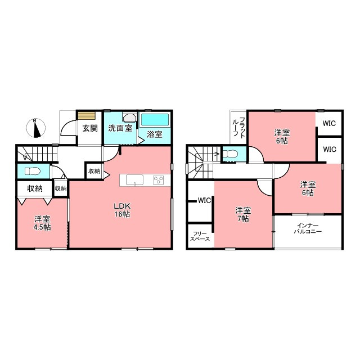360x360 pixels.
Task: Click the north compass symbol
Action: point(35,128)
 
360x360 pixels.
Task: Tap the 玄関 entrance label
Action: point(90,128)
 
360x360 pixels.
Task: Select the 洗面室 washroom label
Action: point(120,128)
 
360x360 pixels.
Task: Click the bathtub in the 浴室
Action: point(155,120)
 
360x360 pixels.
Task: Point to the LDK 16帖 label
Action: point(122,210)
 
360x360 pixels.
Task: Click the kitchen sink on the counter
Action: point(134,180)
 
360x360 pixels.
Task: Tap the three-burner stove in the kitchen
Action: point(159,179)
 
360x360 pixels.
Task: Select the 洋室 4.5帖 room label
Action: point(43,223)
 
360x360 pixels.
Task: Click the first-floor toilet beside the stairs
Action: point(33,171)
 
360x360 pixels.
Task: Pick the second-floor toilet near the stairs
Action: point(231,154)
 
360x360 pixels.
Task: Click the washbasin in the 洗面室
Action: point(129,118)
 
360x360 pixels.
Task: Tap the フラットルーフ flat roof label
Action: point(239,128)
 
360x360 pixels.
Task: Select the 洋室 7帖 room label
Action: point(243,214)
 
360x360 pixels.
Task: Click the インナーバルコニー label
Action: point(308,229)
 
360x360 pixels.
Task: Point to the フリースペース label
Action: point(200,236)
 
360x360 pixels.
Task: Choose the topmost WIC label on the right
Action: point(329,123)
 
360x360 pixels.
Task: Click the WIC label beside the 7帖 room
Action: point(204,200)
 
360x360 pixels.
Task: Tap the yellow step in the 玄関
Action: point(87,116)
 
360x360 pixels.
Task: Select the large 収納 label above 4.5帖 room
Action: point(35,188)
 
